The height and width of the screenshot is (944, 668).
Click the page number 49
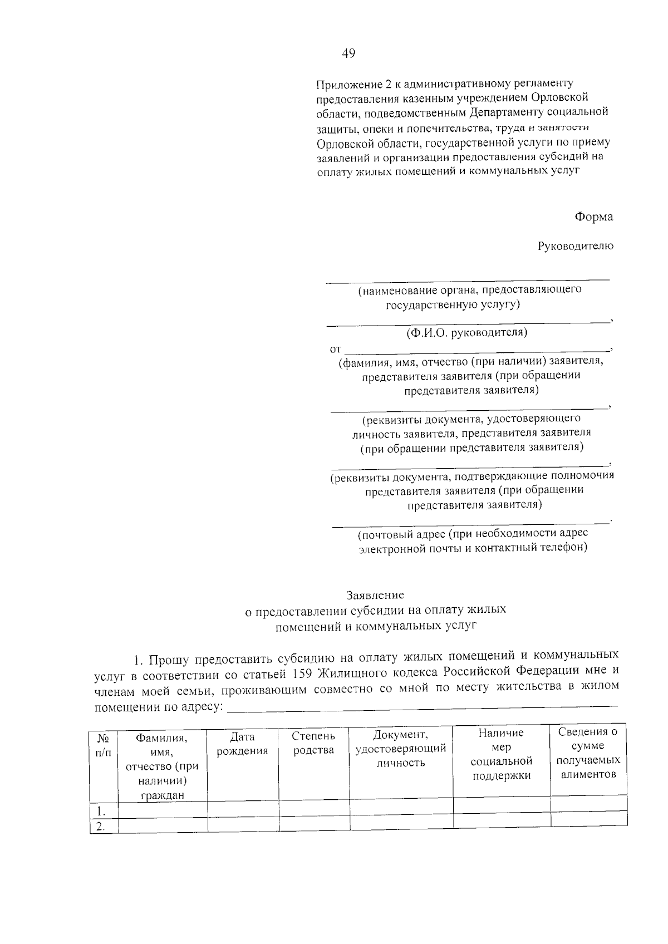(348, 53)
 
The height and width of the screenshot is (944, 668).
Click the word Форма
(594, 217)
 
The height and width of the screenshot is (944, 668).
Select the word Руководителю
(576, 246)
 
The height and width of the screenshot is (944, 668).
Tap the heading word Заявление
(375, 595)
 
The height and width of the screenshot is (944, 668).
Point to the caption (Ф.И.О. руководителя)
(466, 333)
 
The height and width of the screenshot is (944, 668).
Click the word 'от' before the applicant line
(335, 350)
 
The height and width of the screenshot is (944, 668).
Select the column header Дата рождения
(242, 744)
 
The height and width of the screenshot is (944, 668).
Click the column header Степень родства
(313, 743)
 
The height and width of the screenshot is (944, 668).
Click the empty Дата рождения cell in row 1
(243, 809)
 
